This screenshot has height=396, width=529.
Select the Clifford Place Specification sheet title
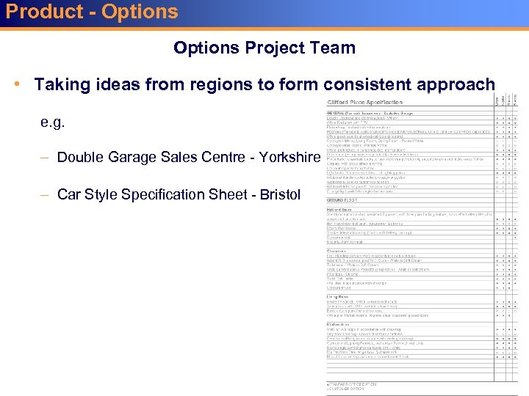pos(365,102)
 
